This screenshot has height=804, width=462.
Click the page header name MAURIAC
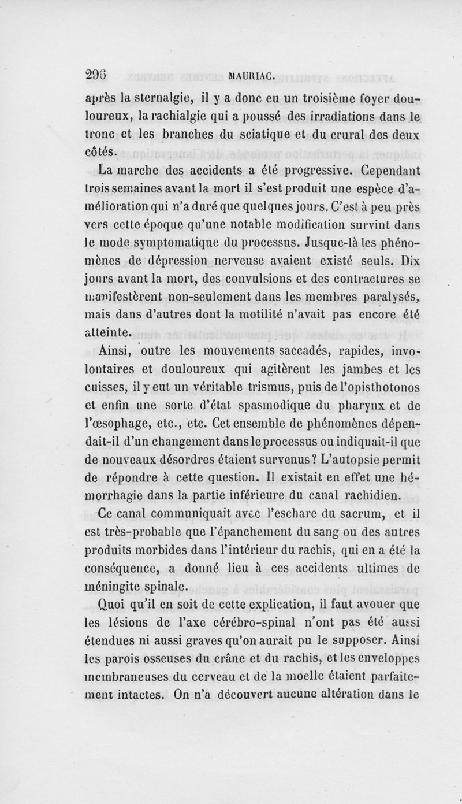pyautogui.click(x=251, y=73)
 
